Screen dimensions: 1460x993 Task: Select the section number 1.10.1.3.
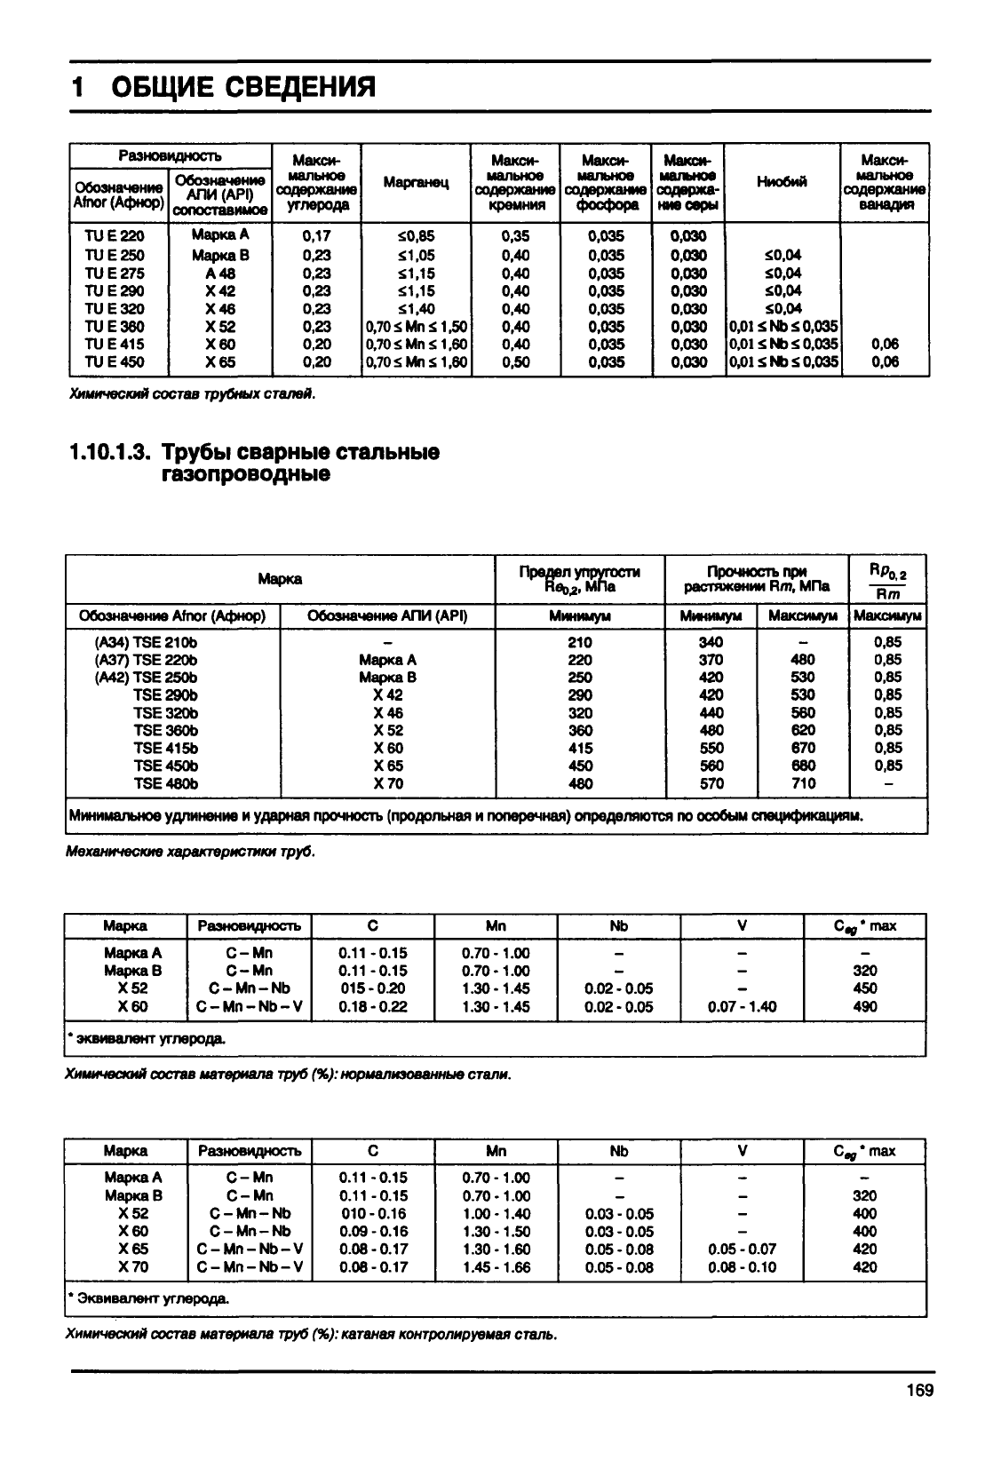click(109, 453)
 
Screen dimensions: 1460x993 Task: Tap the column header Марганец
click(416, 182)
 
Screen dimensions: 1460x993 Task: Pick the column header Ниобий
click(782, 182)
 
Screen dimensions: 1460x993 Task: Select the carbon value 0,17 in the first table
click(316, 236)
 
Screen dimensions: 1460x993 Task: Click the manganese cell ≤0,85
click(416, 236)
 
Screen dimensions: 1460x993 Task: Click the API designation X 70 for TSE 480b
click(387, 783)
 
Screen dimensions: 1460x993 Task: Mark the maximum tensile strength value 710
click(803, 783)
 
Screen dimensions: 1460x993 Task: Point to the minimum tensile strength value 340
click(711, 642)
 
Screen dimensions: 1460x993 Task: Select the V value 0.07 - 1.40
click(743, 1006)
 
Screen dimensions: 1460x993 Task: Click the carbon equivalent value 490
click(864, 1006)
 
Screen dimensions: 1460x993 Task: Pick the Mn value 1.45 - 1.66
click(496, 1267)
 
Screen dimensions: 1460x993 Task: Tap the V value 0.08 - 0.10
click(743, 1267)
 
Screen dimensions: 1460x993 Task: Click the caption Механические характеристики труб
click(190, 852)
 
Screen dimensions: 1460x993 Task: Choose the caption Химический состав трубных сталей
click(192, 393)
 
